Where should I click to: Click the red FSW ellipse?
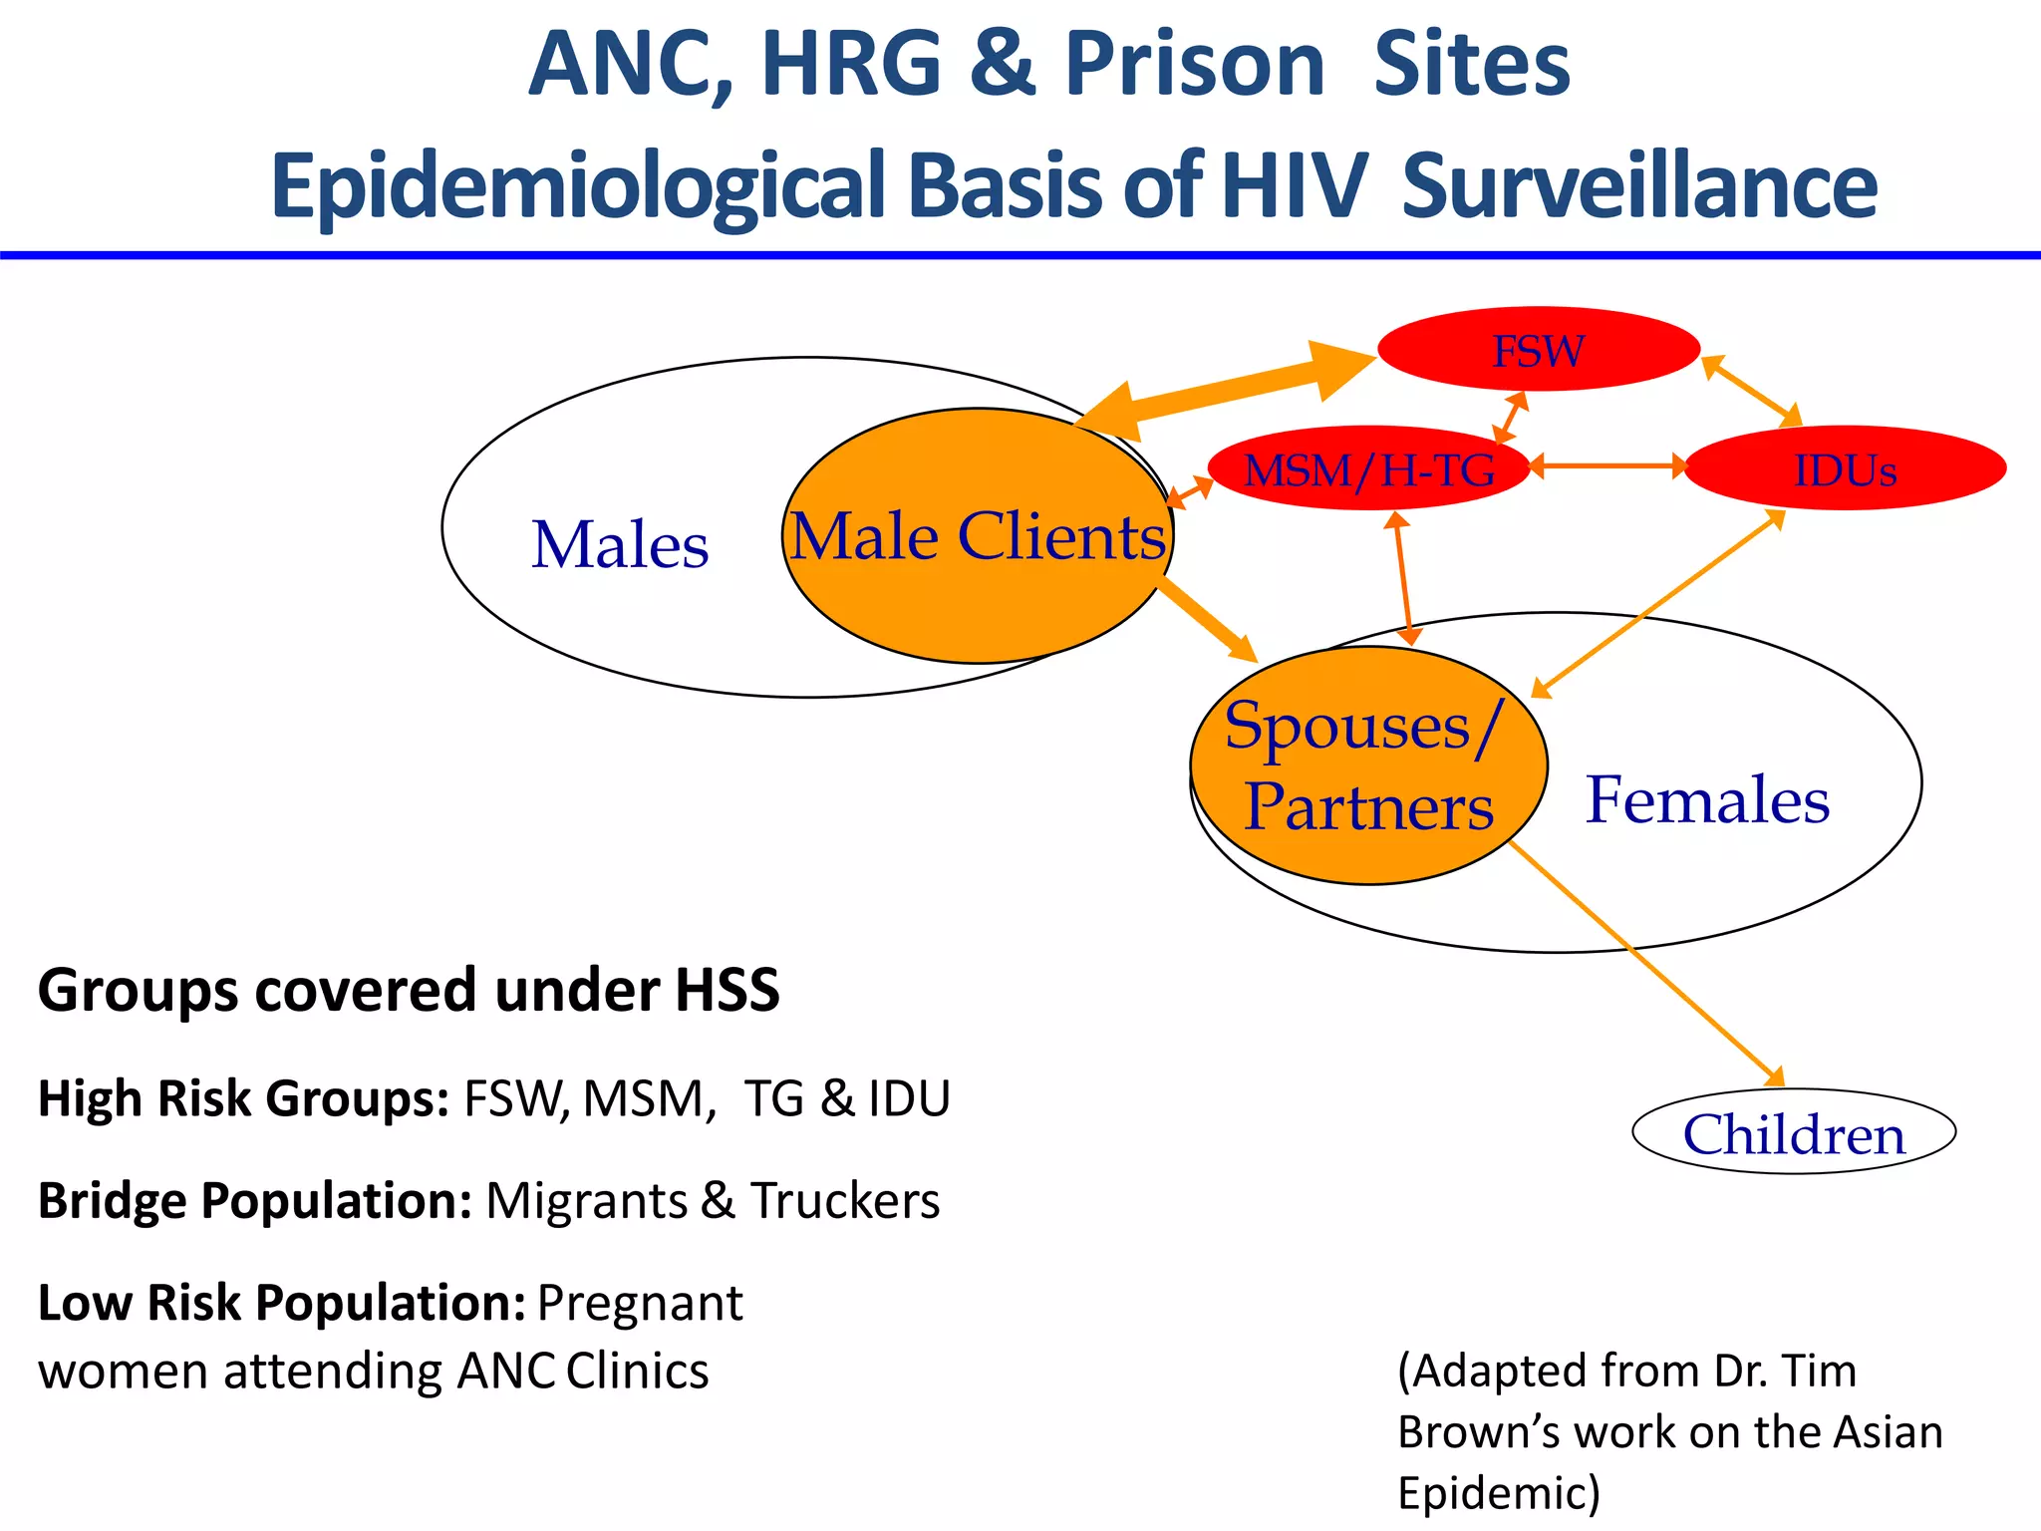point(1538,349)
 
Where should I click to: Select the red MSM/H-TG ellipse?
point(1368,469)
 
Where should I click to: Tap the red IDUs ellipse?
point(1845,469)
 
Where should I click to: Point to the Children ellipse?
point(1793,1133)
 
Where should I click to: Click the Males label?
point(620,545)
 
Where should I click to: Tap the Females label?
point(1707,799)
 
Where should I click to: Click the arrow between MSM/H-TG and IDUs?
point(1606,465)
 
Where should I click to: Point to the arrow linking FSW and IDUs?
point(1751,390)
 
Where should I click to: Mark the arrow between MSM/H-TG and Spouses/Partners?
point(1403,578)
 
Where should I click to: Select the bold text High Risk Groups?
point(243,1098)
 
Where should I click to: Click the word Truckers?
point(845,1200)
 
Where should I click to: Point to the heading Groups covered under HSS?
point(409,990)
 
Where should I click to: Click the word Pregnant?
point(640,1303)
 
